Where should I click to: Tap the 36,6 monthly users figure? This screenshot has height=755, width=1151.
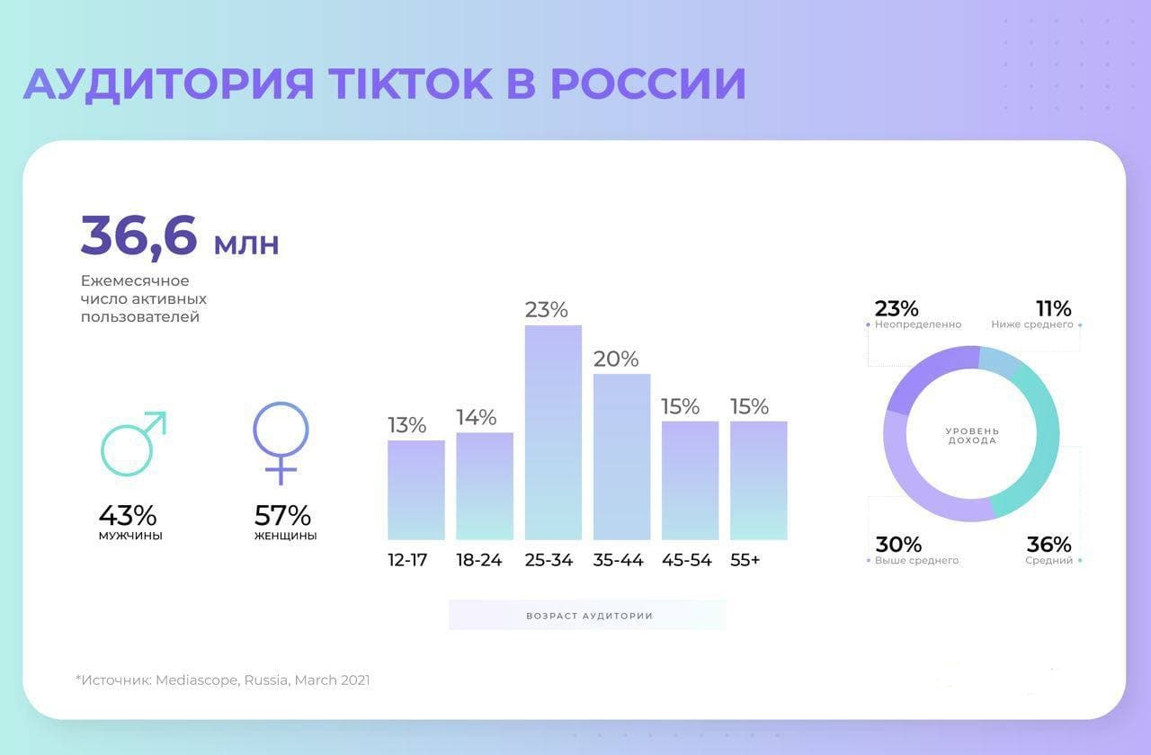coord(139,235)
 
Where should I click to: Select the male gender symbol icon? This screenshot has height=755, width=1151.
coord(133,443)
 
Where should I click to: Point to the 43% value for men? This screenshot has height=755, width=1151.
coord(128,516)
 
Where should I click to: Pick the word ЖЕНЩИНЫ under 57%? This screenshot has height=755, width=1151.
coord(285,537)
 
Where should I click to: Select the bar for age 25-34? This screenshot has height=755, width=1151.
coord(553,431)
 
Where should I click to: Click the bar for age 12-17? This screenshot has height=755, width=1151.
coord(415,490)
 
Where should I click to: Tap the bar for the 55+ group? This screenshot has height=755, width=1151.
coord(758,480)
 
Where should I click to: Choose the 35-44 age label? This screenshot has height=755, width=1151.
coord(619,560)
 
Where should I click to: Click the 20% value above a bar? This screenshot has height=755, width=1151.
coord(616,359)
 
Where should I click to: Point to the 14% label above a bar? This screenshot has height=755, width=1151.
coord(477,417)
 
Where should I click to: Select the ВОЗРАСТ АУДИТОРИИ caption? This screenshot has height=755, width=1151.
coord(589,616)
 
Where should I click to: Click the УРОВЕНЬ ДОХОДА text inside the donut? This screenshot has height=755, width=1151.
coord(971,436)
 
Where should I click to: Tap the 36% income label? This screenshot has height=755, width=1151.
coord(1048,545)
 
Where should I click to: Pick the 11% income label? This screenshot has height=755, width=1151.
coord(1053,308)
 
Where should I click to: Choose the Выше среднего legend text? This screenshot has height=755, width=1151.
coord(917,561)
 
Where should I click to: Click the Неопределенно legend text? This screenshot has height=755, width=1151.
coord(918,324)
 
